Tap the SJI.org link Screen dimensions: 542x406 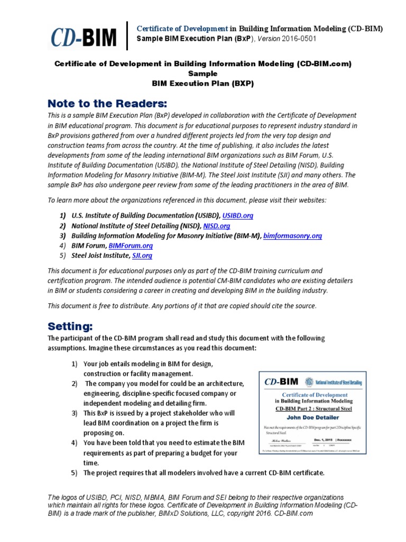click(142, 256)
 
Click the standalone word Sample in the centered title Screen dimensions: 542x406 click(203, 74)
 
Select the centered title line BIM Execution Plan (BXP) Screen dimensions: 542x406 click(203, 83)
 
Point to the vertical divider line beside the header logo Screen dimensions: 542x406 click(127, 35)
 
